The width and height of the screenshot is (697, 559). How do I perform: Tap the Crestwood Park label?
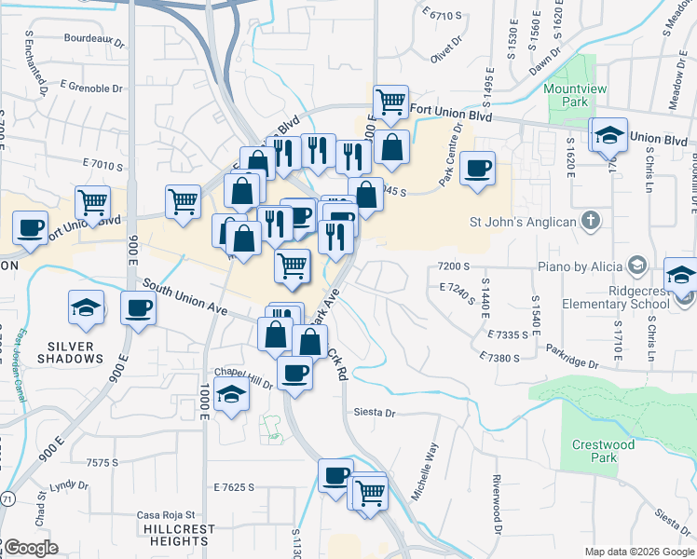pyautogui.click(x=604, y=451)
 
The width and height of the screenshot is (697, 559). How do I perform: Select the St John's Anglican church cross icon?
pyautogui.click(x=589, y=222)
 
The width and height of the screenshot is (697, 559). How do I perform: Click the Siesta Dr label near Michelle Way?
pyautogui.click(x=375, y=412)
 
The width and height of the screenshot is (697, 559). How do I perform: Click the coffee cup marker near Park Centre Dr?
pyautogui.click(x=478, y=169)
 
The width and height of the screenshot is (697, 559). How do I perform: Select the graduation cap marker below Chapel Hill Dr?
pyautogui.click(x=231, y=395)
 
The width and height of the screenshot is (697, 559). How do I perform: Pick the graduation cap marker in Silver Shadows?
pyautogui.click(x=86, y=307)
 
